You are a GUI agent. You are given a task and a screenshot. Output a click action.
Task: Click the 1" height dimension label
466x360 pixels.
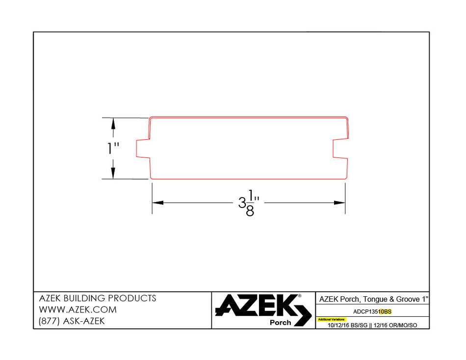coord(114,149)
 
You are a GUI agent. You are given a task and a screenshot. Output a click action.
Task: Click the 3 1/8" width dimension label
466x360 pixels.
coord(249,203)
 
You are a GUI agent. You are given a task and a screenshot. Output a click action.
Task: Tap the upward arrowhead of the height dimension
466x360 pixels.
coord(113,123)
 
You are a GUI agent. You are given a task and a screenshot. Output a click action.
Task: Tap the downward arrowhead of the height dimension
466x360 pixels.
coord(113,174)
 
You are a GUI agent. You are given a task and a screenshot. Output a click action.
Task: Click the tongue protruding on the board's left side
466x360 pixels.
coord(142,149)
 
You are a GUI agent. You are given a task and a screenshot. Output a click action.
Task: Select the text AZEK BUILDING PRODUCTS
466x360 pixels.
coord(97,298)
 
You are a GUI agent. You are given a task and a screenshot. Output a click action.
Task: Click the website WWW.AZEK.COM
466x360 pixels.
coord(78,310)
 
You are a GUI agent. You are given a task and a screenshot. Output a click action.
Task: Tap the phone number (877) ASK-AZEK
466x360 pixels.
coord(71,322)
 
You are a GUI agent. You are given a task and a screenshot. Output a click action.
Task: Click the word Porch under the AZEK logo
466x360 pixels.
coord(280,323)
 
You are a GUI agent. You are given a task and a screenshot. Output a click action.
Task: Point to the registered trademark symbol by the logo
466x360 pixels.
coord(300,296)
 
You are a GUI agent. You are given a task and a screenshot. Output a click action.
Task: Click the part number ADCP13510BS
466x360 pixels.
coord(372,311)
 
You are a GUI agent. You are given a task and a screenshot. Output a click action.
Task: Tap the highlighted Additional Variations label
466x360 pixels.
coord(331,319)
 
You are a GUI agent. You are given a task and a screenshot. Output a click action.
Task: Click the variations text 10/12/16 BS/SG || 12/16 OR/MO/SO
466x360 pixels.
coord(372,325)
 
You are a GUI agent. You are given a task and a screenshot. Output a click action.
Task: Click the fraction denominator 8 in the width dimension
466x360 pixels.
coord(250,212)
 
